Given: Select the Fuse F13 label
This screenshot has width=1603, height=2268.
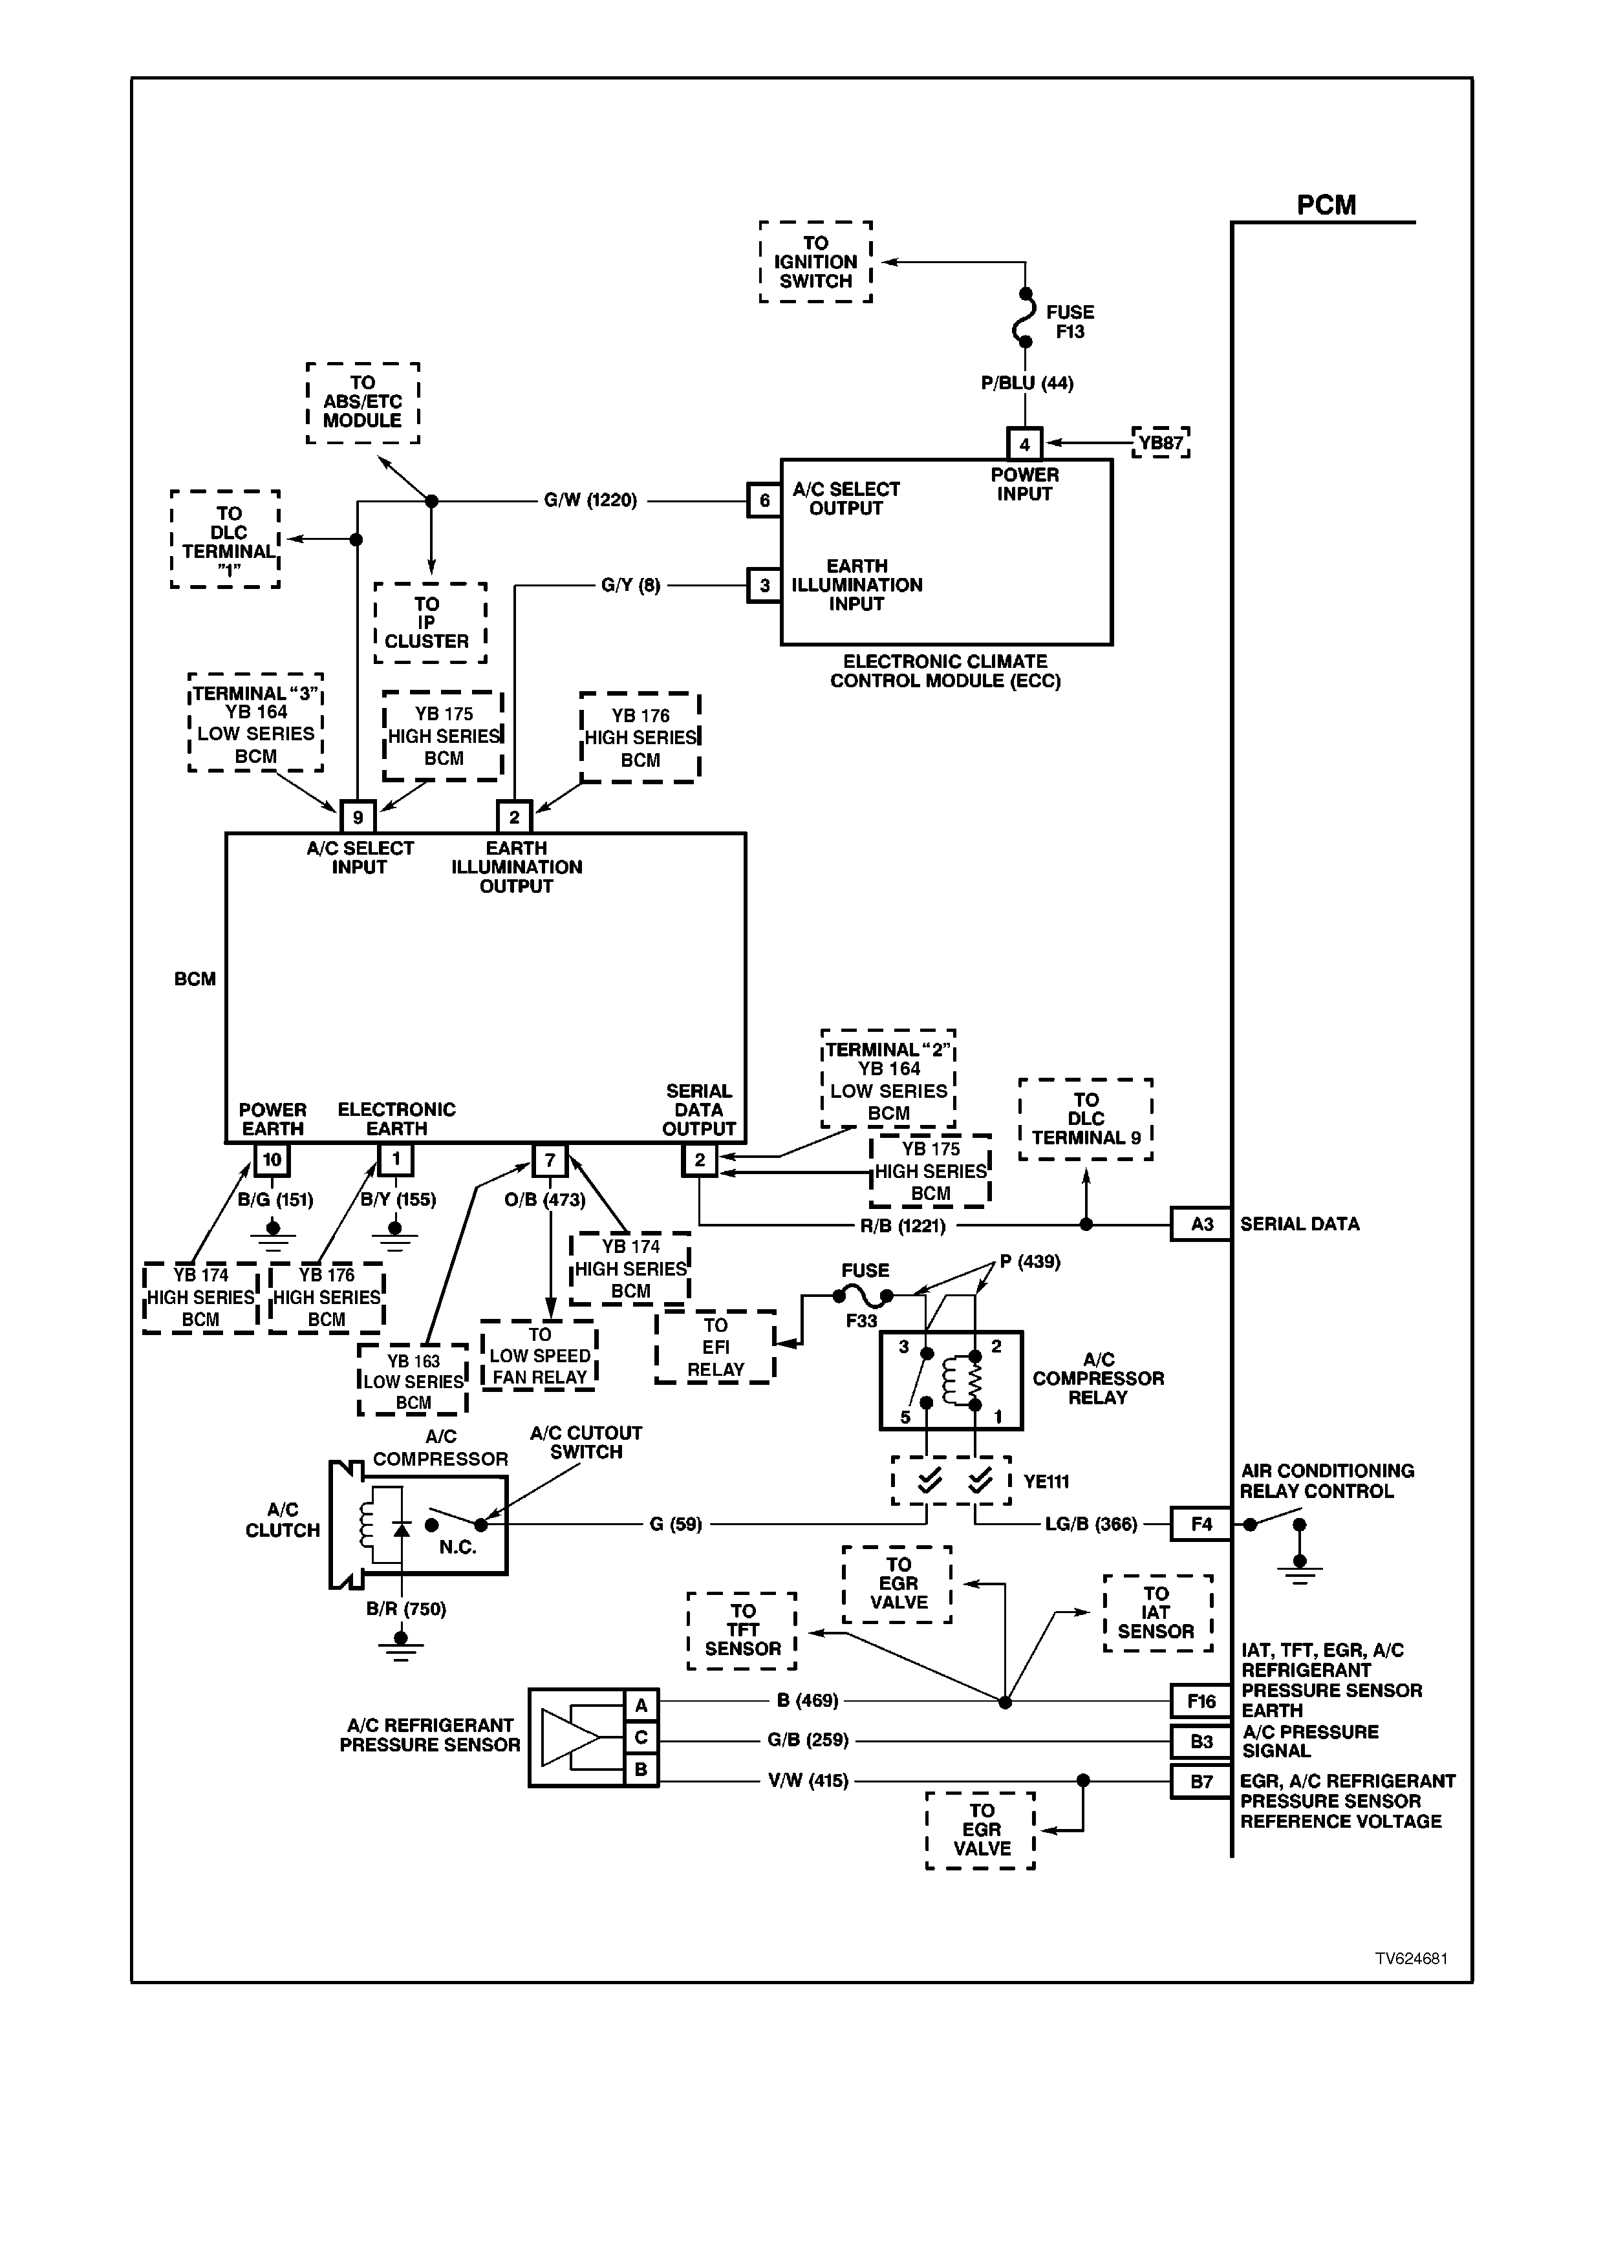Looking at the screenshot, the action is point(1070,322).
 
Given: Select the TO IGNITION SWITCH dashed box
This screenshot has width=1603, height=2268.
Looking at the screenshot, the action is point(816,262).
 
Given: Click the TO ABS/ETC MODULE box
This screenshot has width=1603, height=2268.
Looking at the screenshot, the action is point(363,402).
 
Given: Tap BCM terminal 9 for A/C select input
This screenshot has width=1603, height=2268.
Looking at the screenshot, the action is point(358,817).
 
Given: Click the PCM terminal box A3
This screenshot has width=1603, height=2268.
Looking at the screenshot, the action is point(1201,1224).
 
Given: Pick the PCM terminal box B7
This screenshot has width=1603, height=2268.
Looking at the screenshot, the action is point(1201,1782).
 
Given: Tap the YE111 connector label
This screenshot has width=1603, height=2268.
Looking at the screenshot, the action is point(1047,1482).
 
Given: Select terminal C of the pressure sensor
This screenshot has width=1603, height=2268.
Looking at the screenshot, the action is point(641,1738).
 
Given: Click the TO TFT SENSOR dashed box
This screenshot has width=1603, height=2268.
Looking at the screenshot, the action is point(743,1631).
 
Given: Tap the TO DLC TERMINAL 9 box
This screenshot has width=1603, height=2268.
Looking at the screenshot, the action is point(1086,1119).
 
